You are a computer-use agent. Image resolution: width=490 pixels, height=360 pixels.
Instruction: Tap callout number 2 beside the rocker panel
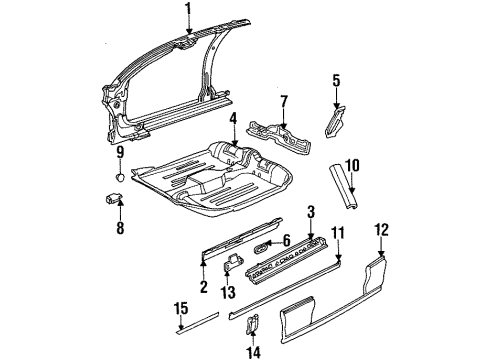pos(202,288)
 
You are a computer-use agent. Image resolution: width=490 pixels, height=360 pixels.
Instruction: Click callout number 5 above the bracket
pos(336,80)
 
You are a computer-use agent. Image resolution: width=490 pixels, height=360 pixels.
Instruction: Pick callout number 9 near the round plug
pos(119,152)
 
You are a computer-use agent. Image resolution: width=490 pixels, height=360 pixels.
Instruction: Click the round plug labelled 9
pos(119,174)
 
